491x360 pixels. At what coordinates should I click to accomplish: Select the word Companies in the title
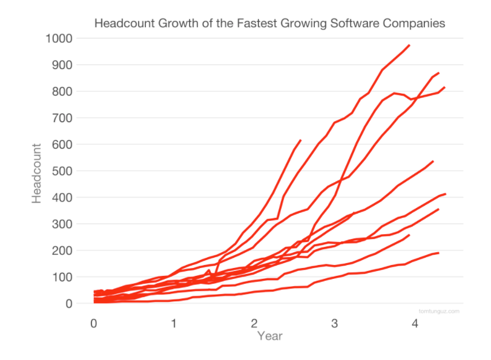412,24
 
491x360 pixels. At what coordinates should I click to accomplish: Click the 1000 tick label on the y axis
59,38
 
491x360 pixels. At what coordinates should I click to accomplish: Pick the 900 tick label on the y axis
62,65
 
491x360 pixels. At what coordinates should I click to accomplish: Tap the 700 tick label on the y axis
62,118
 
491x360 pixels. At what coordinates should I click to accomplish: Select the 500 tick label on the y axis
62,171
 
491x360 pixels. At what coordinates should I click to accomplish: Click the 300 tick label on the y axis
62,224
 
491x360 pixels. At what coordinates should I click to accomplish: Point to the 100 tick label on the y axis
62,277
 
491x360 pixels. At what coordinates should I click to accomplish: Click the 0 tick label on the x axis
93,324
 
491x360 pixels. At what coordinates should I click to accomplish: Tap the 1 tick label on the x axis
174,324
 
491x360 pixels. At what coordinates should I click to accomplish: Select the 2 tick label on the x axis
254,324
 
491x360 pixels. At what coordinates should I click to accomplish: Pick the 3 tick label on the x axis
334,324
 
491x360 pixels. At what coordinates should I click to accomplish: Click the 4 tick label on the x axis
415,324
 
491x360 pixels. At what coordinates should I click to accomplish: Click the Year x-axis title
270,336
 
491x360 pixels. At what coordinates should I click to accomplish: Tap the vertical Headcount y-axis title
37,172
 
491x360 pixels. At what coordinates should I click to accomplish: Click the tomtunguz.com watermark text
438,311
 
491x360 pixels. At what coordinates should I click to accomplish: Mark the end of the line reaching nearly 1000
410,45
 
